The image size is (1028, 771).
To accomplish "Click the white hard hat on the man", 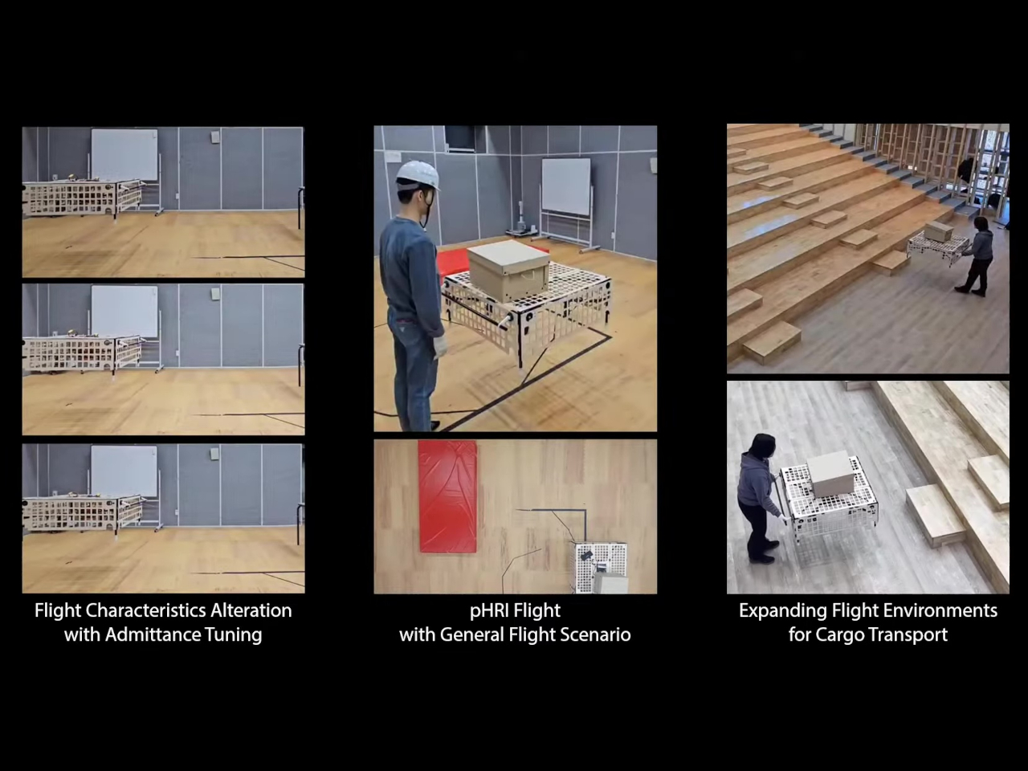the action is [418, 176].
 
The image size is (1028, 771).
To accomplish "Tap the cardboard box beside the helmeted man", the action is [508, 270].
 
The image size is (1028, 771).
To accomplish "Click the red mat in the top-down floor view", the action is [447, 496].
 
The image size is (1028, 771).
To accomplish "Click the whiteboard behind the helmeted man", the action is [566, 186].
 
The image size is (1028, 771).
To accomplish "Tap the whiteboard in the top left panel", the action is [124, 155].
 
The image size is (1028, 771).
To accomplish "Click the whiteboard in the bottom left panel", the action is [124, 471].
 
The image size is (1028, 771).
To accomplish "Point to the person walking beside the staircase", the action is [977, 255].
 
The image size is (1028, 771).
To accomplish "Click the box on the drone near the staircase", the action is [939, 232].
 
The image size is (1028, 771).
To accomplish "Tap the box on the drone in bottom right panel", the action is [830, 474].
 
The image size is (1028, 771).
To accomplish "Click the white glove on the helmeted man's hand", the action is [439, 346].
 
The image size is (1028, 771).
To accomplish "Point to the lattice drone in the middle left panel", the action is [84, 354].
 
